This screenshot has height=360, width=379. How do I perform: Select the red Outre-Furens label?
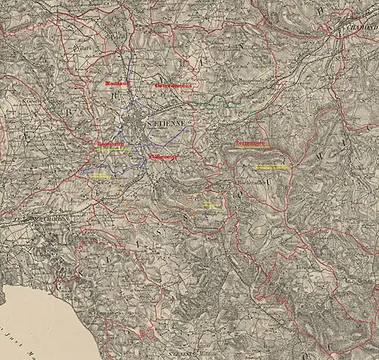click(x=174, y=86)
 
